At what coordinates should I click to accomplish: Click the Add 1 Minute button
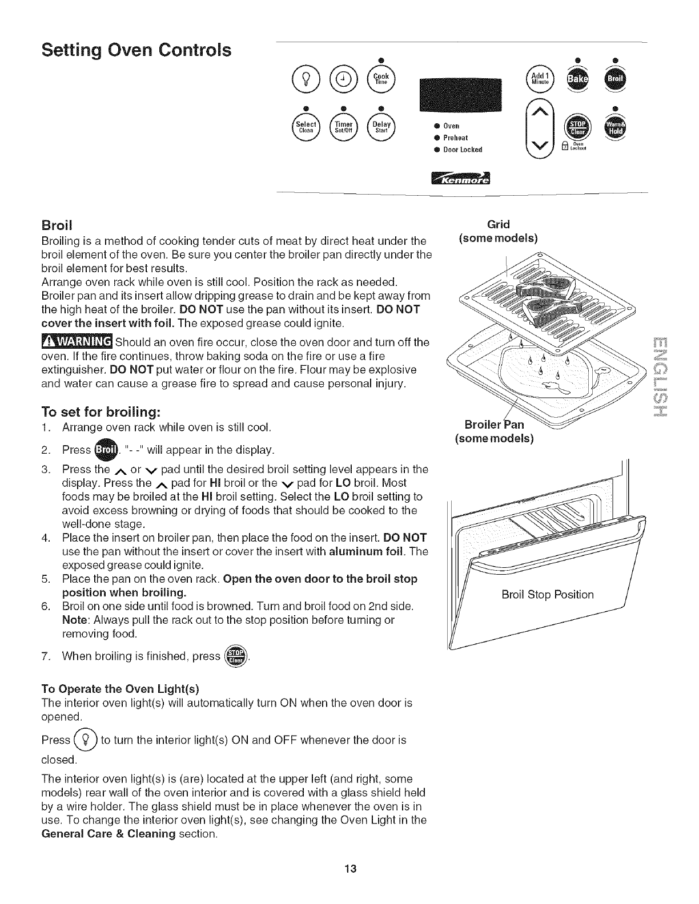540,79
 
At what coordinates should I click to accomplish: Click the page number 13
350,869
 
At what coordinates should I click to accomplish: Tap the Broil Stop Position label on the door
547,595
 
